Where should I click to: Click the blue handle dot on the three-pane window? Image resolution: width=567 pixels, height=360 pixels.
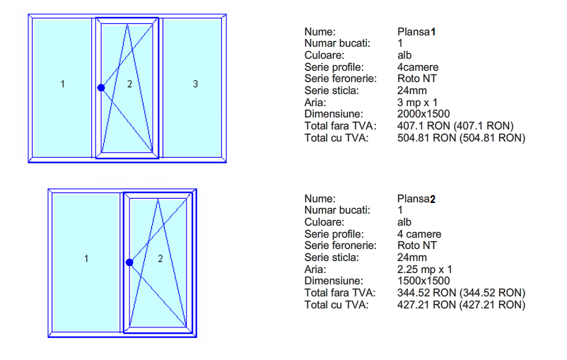pyautogui.click(x=101, y=88)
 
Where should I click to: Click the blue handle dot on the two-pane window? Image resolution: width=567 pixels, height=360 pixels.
pyautogui.click(x=129, y=262)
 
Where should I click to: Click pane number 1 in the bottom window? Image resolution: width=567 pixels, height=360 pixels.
pyautogui.click(x=86, y=259)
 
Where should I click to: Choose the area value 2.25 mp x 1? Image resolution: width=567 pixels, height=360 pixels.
pyautogui.click(x=424, y=269)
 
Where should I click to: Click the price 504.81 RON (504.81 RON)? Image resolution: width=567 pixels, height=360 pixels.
pyautogui.click(x=461, y=138)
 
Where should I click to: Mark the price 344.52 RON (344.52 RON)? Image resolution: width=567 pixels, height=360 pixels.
pyautogui.click(x=461, y=293)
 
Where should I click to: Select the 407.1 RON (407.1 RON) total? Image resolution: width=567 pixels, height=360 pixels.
pyautogui.click(x=455, y=126)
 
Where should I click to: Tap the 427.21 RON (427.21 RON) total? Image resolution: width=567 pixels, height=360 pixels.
pyautogui.click(x=461, y=305)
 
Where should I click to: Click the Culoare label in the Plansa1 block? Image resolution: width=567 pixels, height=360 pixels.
pyautogui.click(x=324, y=55)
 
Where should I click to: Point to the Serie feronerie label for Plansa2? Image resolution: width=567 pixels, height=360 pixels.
pyautogui.click(x=339, y=245)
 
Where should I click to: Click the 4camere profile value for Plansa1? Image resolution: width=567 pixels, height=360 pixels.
pyautogui.click(x=417, y=67)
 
